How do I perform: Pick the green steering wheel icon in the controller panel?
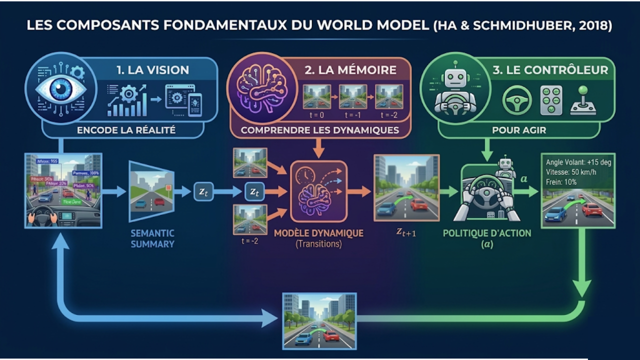(516, 100)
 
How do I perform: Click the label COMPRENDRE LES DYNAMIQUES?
(320, 130)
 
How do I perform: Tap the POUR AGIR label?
(518, 130)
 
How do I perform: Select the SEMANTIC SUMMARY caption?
(152, 238)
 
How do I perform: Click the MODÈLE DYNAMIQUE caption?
(318, 233)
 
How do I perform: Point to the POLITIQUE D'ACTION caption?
(487, 233)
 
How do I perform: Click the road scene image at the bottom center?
(319, 320)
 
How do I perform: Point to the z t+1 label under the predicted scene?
(405, 232)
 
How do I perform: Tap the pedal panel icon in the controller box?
(551, 100)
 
